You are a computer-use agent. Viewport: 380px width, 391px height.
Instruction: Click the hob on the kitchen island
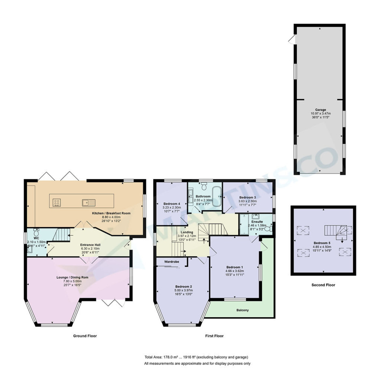click(56, 203)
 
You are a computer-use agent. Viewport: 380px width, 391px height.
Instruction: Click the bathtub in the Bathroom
click(217, 196)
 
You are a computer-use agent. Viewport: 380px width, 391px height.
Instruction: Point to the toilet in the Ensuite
click(268, 229)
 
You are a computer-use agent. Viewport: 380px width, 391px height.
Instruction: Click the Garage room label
click(320, 110)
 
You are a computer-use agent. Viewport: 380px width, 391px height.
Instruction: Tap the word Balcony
click(242, 310)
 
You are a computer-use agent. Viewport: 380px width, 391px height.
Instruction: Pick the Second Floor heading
click(323, 285)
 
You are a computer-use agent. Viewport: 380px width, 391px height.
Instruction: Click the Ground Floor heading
click(85, 336)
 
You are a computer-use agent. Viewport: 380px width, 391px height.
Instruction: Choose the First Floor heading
click(214, 336)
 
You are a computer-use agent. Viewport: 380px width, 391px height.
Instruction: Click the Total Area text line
click(196, 357)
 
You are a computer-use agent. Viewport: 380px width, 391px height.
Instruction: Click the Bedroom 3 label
click(247, 197)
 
